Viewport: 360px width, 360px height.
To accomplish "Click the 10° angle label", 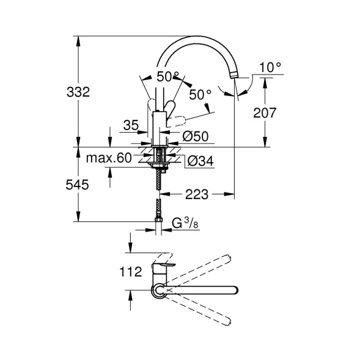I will coord(269,67).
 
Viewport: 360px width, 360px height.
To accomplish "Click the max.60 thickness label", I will coord(109,158).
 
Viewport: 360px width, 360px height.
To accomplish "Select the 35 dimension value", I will coord(130,126).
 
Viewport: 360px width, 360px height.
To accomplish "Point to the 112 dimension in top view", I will coord(131,271).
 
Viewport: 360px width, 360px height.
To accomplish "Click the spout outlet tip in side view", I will coord(235,75).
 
